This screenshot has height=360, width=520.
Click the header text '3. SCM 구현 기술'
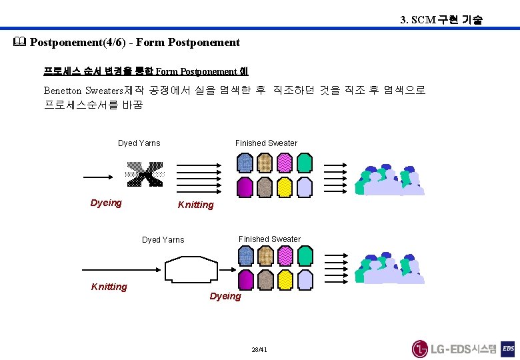coord(441,19)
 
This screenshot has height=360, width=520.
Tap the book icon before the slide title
coord(19,43)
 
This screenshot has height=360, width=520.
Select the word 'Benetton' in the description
coord(63,90)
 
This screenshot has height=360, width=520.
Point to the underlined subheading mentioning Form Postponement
coord(145,71)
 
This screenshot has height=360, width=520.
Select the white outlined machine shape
coord(191,272)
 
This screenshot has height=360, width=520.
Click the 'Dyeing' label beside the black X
coord(106,203)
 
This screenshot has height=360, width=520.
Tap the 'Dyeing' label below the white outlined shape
coord(225,296)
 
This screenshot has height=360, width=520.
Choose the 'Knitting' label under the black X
coord(195,205)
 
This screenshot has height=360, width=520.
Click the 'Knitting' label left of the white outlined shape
coord(109,287)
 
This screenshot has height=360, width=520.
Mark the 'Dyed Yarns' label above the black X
coord(139,143)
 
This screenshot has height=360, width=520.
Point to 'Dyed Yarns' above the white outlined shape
coord(163,240)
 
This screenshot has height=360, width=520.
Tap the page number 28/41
coord(259,349)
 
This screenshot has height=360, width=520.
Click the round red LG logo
coord(419,349)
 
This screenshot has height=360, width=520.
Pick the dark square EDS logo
coord(508,349)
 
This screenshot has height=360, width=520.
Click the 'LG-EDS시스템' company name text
coord(463,349)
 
